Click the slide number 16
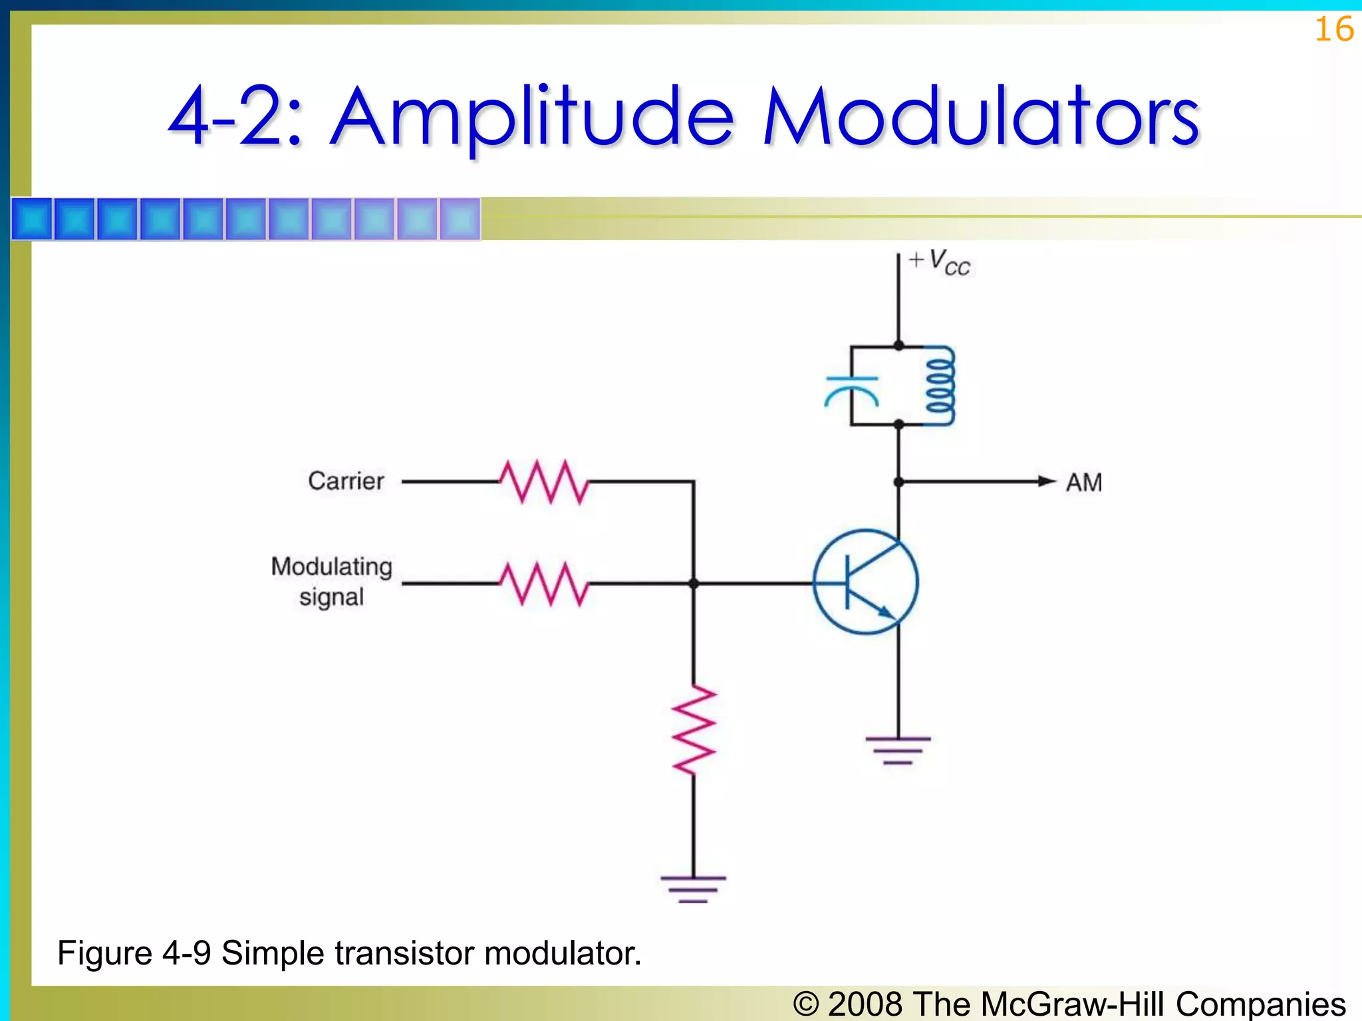click(1334, 30)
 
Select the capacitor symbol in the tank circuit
click(851, 390)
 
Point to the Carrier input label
click(346, 481)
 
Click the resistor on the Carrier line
click(544, 481)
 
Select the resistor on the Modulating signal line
click(544, 584)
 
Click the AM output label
click(1084, 482)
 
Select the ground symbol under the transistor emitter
click(898, 750)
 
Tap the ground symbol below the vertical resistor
click(694, 889)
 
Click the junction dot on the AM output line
click(898, 482)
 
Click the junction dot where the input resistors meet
click(694, 584)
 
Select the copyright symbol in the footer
click(806, 1004)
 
